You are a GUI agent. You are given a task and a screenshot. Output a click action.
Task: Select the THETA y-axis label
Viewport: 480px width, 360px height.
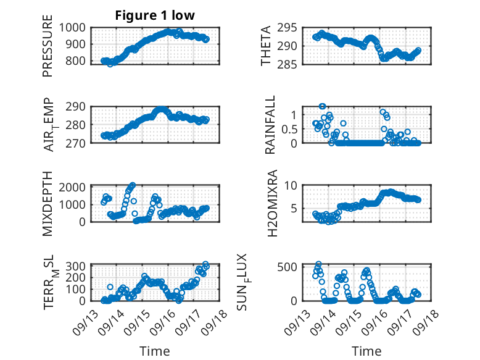[266, 45]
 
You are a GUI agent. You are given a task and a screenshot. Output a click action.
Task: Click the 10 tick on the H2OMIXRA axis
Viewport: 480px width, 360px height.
[297, 185]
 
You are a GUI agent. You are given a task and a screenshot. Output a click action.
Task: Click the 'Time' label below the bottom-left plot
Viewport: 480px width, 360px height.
[154, 351]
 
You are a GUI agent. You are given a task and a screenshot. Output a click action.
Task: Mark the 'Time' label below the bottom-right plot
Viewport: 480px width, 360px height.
[366, 351]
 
